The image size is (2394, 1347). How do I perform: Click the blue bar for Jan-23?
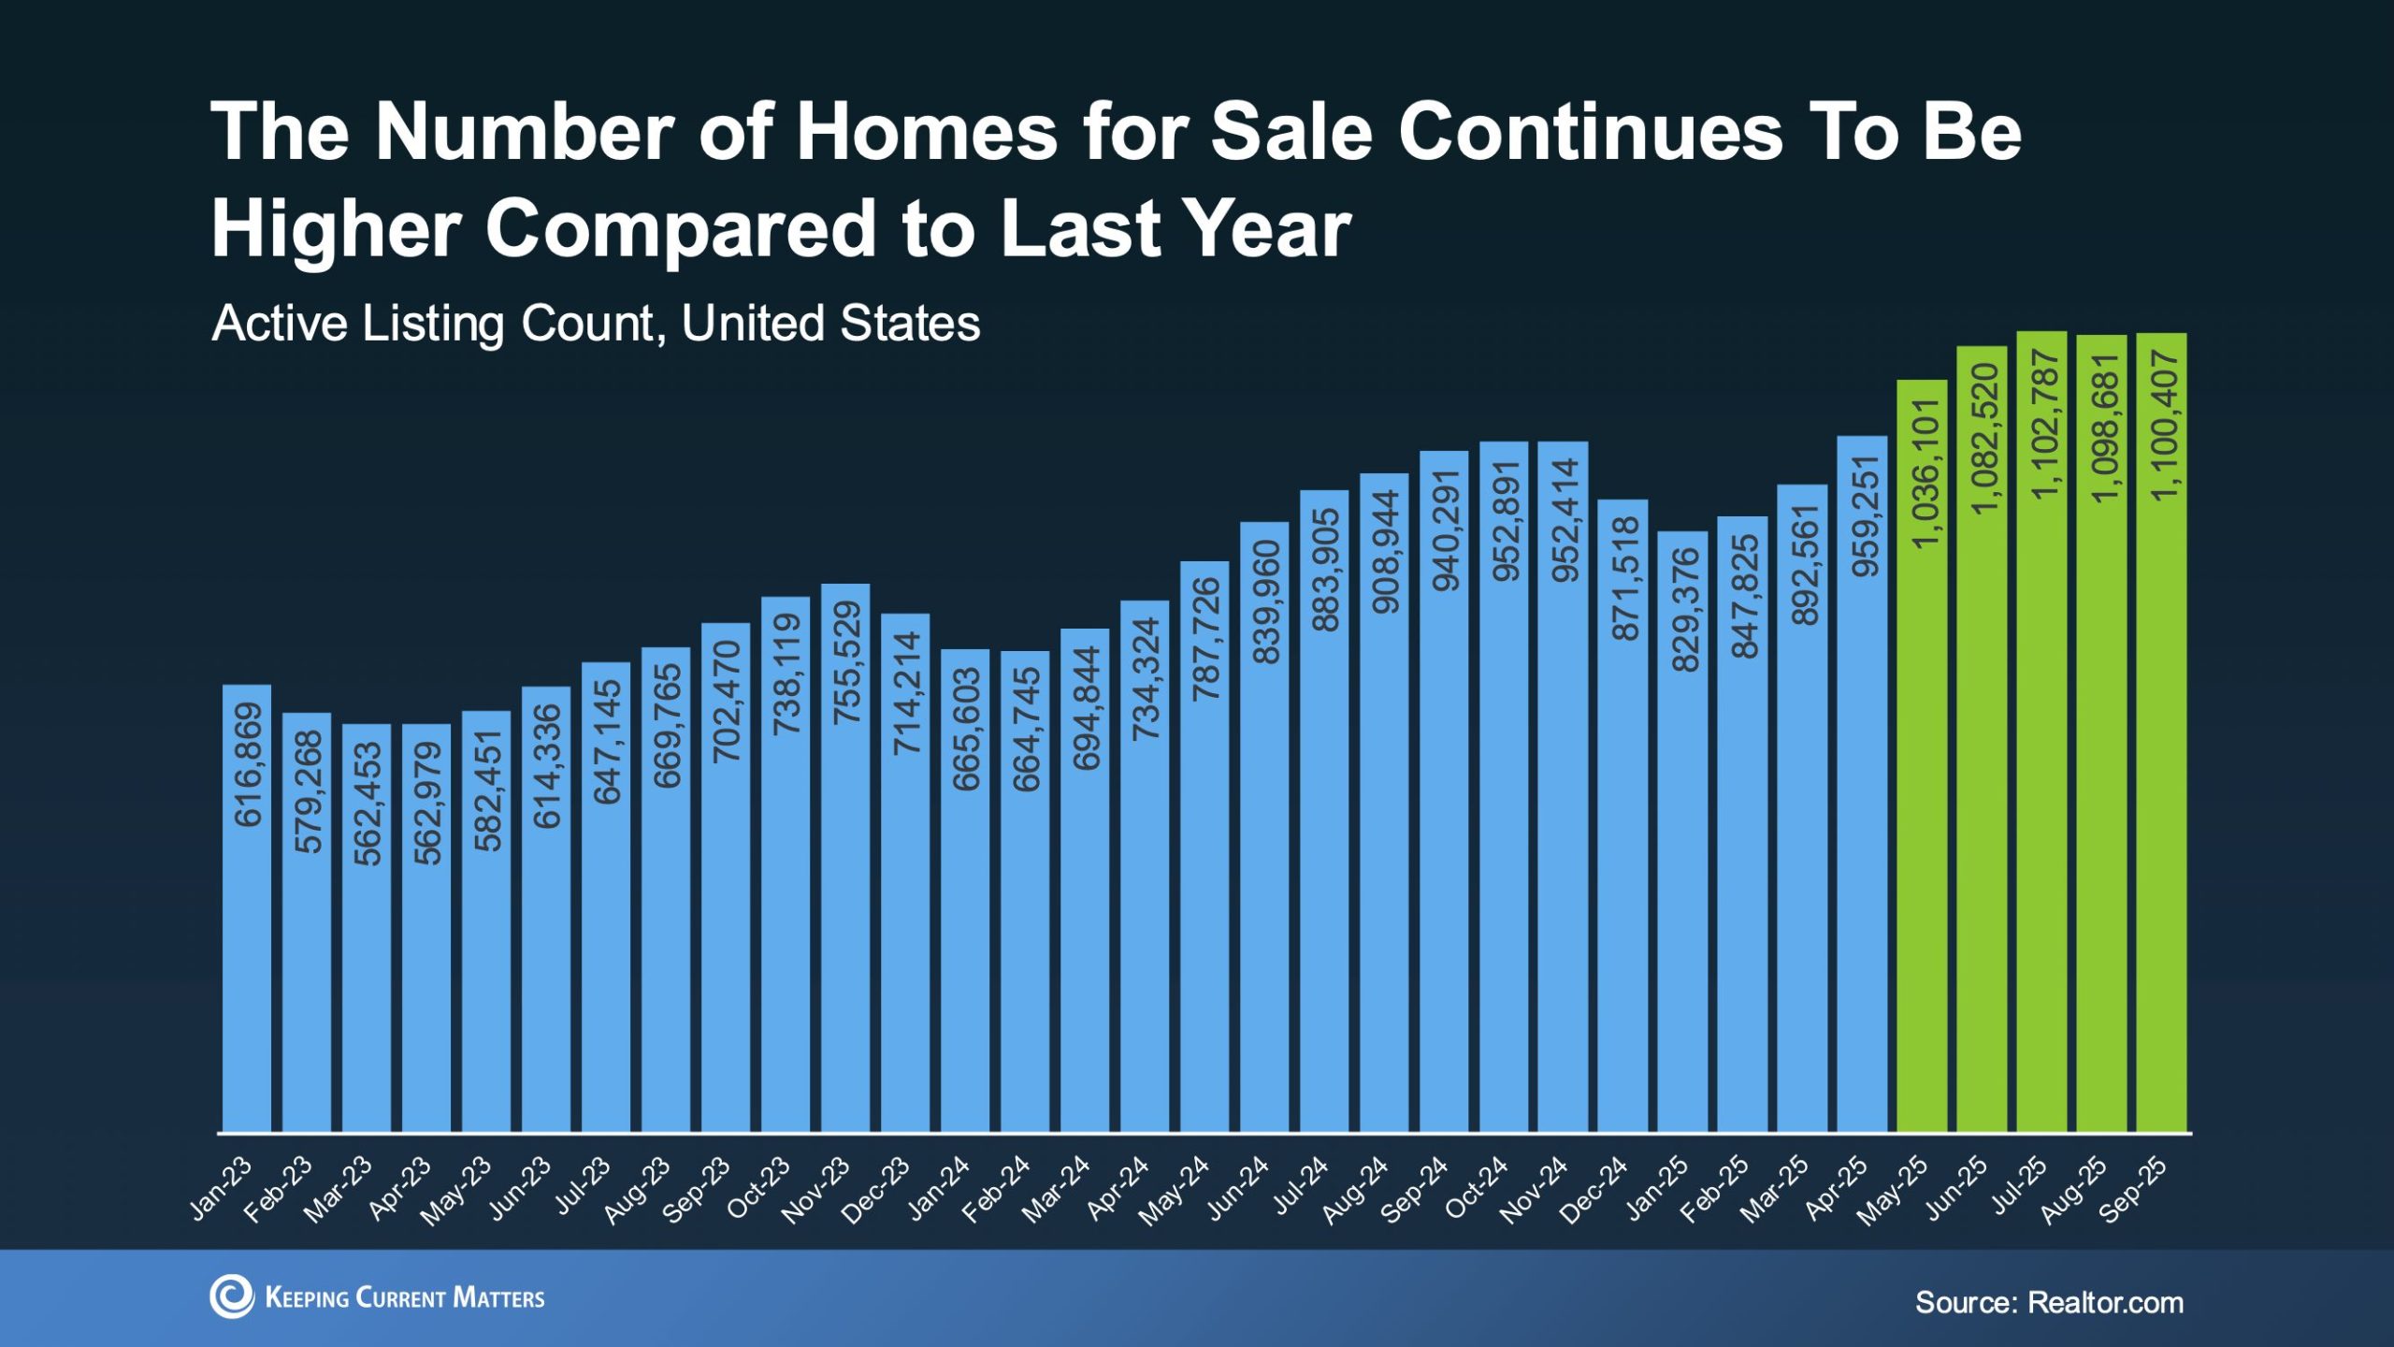tap(247, 935)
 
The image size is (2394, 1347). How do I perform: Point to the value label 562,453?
tap(368, 804)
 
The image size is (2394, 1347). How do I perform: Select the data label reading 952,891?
tap(1505, 521)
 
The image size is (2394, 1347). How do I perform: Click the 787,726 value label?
tap(1205, 639)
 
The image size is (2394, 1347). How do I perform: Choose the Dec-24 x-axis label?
tap(1594, 1191)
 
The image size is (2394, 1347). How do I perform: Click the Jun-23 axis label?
tap(520, 1189)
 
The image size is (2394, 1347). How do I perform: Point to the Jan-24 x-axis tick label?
tap(939, 1189)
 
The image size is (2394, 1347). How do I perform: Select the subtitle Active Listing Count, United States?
tap(596, 324)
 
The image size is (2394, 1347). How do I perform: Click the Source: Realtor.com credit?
tap(2049, 1302)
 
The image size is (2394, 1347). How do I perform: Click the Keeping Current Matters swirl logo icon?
tap(231, 1296)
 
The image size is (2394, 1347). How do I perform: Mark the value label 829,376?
tap(1684, 610)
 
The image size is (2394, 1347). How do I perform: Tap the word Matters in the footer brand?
tap(498, 1298)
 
